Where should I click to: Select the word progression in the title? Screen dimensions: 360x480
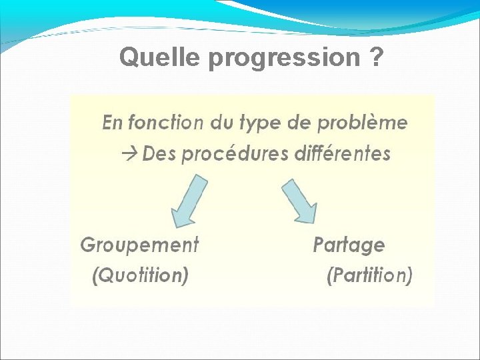click(284, 59)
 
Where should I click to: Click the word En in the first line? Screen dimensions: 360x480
click(112, 123)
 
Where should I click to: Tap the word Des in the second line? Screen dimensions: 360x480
click(159, 154)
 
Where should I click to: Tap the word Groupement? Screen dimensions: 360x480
click(139, 245)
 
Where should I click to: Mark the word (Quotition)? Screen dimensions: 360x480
click(139, 275)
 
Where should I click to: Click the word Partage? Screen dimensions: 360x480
click(349, 245)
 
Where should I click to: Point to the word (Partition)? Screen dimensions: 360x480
click(369, 275)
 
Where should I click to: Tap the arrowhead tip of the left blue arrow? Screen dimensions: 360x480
click(175, 227)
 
